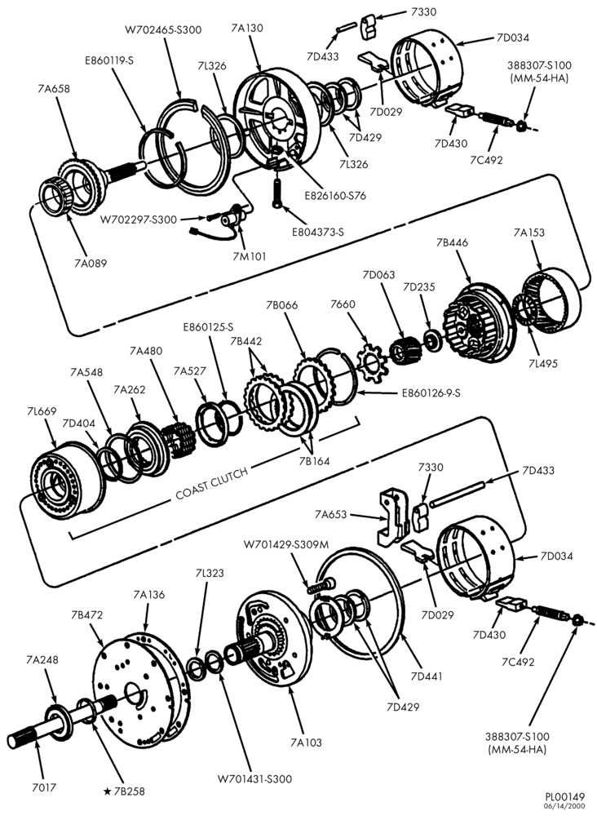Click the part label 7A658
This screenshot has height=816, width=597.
tap(54, 88)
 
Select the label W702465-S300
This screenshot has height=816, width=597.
tap(163, 29)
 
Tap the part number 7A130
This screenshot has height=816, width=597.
tap(247, 28)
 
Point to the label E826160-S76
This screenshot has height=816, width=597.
tap(335, 196)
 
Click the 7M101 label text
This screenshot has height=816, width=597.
tap(249, 256)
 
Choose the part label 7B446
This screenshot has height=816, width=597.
tap(452, 242)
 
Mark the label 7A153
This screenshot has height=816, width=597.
tap(528, 232)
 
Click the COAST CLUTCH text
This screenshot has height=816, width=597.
tap(211, 482)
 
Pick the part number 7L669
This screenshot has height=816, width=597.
tap(42, 411)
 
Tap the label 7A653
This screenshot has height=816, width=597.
tap(330, 515)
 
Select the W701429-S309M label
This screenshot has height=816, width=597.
tap(286, 544)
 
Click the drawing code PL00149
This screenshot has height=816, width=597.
tap(564, 796)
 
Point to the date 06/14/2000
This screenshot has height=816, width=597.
tap(564, 806)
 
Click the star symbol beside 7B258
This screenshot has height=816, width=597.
tap(107, 792)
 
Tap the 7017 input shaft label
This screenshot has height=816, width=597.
tap(43, 787)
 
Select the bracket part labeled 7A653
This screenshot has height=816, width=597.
tap(394, 517)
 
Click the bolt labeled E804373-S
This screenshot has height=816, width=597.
tap(277, 193)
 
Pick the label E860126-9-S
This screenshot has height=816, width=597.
tap(431, 393)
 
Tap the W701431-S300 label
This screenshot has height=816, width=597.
tap(254, 779)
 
